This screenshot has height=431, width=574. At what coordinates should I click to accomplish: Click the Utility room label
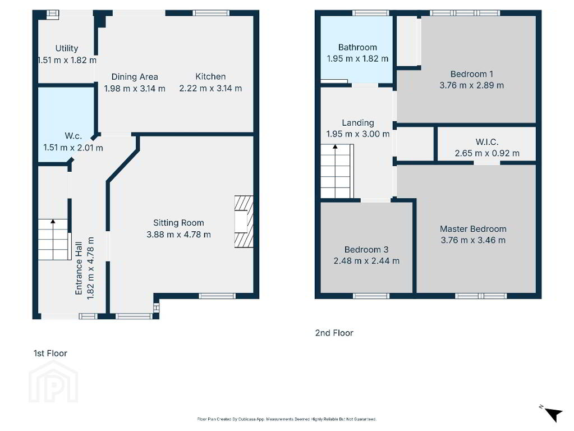pos(67,48)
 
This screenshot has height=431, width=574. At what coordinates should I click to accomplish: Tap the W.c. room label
pos(73,136)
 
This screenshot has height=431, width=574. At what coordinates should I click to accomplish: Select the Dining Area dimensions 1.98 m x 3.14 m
pos(135,89)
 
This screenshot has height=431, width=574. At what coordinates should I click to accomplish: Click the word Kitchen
pos(210,76)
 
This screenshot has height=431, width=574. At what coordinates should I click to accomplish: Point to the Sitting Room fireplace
pos(244,222)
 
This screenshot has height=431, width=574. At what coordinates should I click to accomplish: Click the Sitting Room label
pos(178,223)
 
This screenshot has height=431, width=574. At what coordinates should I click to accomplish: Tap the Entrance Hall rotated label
pos(79,268)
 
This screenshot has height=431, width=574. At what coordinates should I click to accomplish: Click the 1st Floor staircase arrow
pos(53,240)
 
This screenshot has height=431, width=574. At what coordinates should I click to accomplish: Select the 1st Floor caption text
pos(50,354)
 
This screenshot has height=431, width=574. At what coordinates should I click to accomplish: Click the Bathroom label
pos(357,47)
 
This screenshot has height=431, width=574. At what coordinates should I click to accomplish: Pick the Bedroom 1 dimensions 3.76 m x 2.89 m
pos(472,85)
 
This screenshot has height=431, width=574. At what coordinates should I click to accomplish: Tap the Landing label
pos(358,123)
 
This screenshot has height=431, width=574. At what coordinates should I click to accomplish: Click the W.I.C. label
pos(487,142)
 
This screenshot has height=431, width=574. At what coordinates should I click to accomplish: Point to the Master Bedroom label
pos(474,229)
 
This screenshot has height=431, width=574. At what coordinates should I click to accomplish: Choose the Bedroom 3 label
pos(366,250)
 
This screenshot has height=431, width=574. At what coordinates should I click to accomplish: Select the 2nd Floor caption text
pos(334,333)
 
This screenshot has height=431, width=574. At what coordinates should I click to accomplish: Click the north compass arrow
pos(554,415)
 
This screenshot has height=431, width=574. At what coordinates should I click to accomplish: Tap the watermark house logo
pos(53,382)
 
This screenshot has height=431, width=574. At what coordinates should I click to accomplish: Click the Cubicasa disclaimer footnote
pos(287,419)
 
